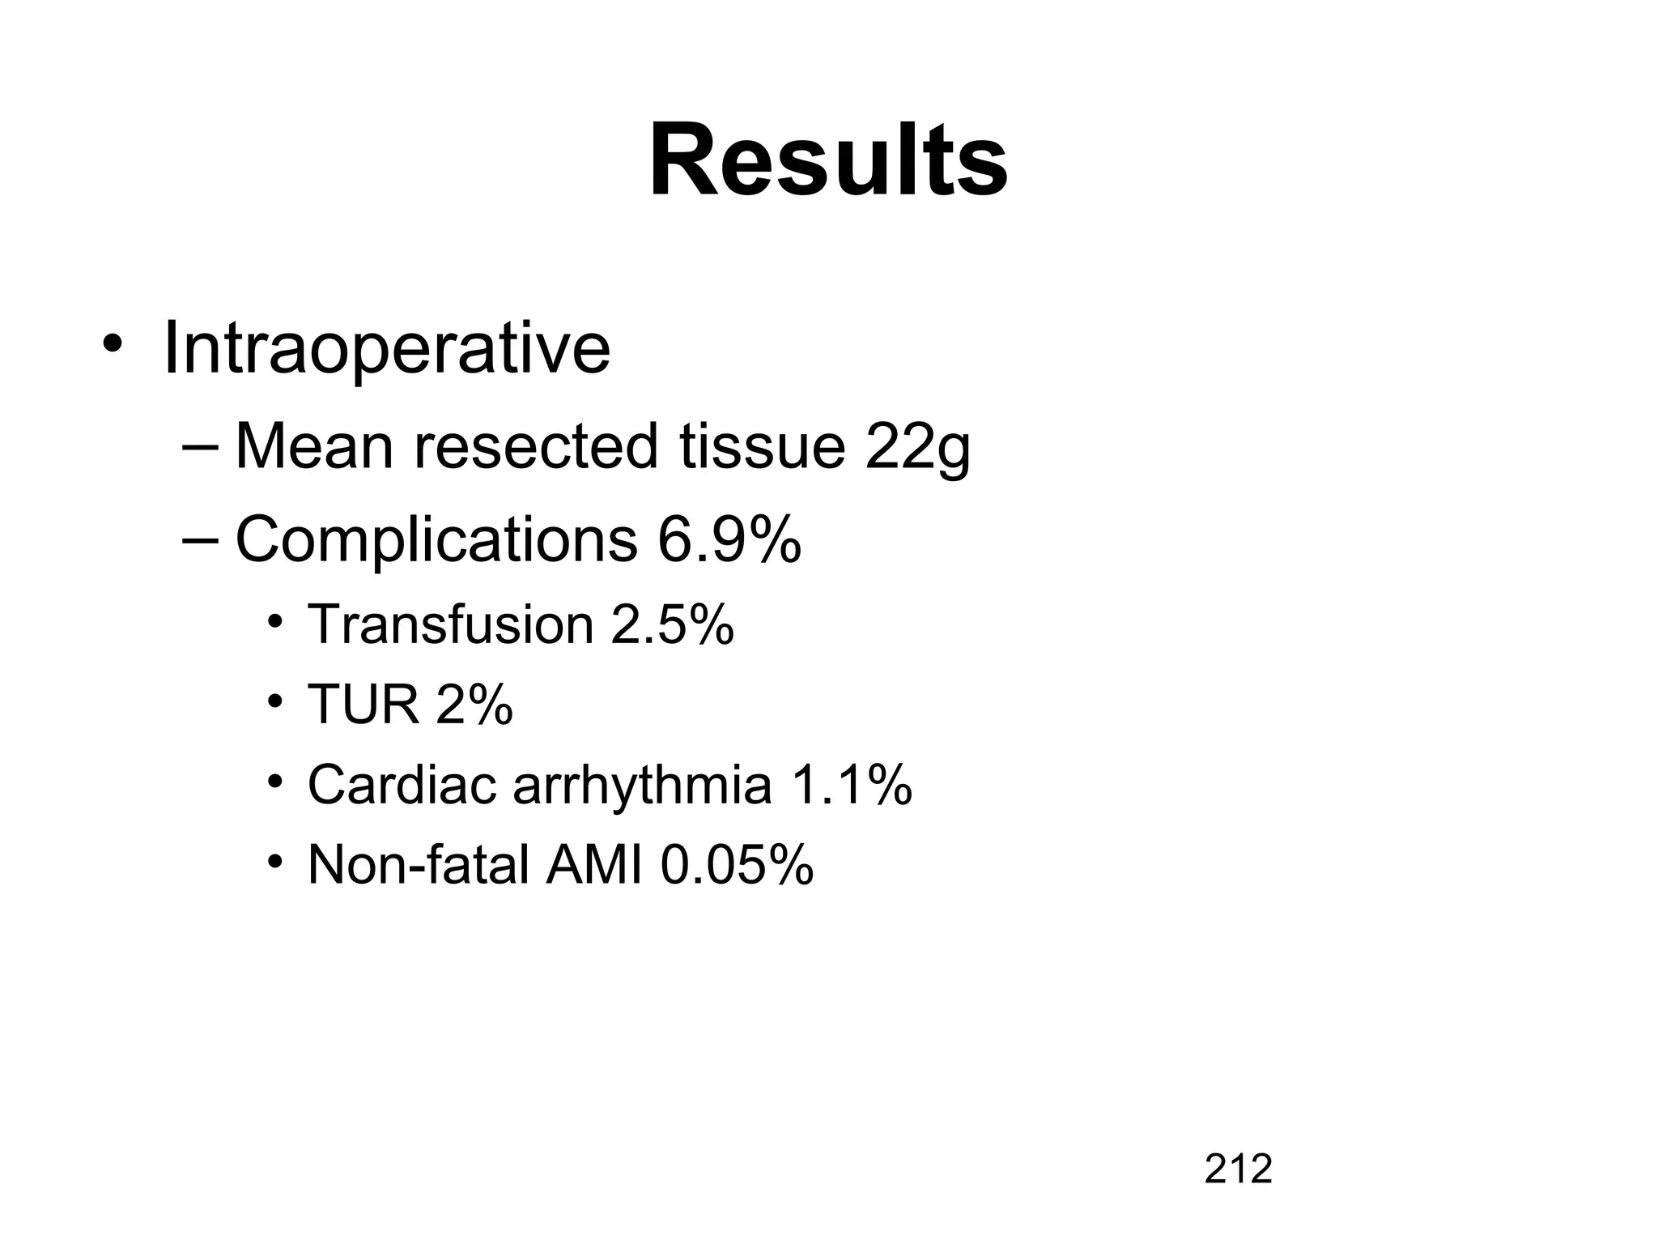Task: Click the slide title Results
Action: coord(828,160)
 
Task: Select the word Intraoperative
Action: coord(386,349)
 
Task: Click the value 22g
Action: coord(917,448)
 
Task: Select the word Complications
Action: coord(436,540)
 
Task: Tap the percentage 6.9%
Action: coord(729,540)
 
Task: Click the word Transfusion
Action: coord(451,624)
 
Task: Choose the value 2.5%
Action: coord(672,624)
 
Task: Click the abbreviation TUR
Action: coord(363,705)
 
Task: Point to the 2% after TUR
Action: coord(474,705)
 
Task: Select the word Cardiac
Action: coord(402,785)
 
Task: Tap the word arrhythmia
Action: coord(642,786)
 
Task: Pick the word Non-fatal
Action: coord(419,865)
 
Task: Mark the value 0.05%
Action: coord(737,865)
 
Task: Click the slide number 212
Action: coord(1238,1169)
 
